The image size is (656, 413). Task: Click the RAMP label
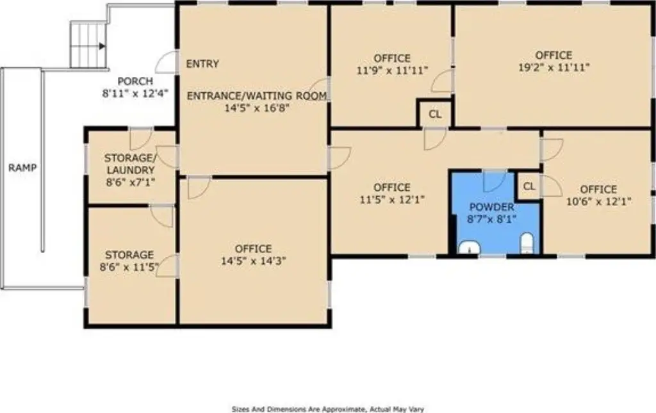coord(22,168)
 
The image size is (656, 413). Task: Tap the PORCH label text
coord(135,81)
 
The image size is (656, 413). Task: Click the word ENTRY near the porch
coord(202,64)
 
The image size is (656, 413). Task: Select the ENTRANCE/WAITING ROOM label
coord(257,96)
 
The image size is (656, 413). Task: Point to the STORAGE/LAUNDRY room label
coord(130,164)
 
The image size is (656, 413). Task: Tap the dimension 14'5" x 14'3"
coord(253,261)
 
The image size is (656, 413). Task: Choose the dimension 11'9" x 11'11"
coord(391,70)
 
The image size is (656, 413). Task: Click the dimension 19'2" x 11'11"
coord(553,67)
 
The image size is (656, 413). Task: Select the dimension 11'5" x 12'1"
coord(391,200)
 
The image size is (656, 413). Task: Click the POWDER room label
coord(491,207)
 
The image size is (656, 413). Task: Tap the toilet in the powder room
coord(527,243)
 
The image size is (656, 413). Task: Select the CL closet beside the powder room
coord(529,186)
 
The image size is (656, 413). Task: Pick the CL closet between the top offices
coord(435,115)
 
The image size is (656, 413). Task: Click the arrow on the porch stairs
coord(101,46)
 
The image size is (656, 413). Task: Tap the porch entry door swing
coord(166,63)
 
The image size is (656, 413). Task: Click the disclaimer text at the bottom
coord(328,409)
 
